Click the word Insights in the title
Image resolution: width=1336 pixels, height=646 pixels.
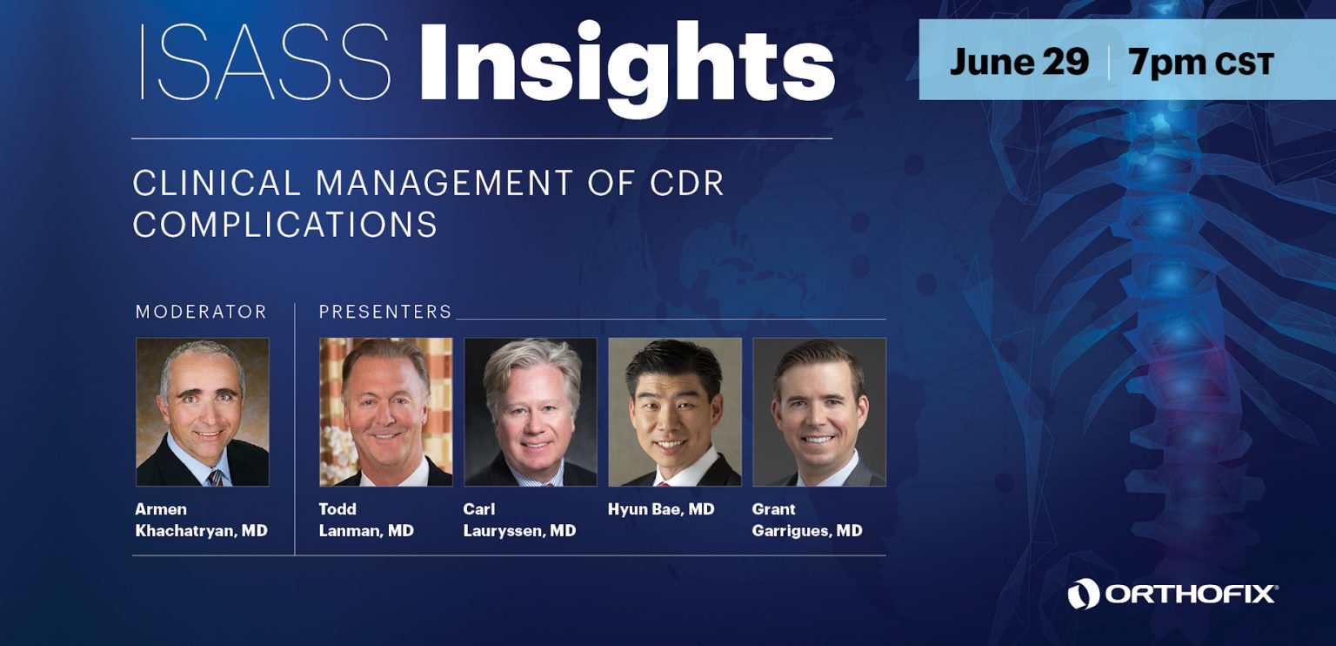pyautogui.click(x=626, y=69)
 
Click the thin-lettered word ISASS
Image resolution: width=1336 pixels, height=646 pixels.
pyautogui.click(x=265, y=62)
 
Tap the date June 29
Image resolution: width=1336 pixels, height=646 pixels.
pyautogui.click(x=1019, y=62)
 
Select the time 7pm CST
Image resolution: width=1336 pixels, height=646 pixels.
pyautogui.click(x=1201, y=63)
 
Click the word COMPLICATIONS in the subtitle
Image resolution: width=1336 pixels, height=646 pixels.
pyautogui.click(x=285, y=225)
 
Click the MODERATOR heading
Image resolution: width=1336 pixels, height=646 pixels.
pyautogui.click(x=201, y=312)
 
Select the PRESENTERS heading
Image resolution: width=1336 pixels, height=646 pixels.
pyautogui.click(x=385, y=312)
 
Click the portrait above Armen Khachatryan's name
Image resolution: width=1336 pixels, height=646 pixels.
pyautogui.click(x=203, y=412)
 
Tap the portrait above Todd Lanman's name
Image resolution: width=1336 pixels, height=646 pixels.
pyautogui.click(x=386, y=412)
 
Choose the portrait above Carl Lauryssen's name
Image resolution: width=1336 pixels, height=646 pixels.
pyautogui.click(x=531, y=412)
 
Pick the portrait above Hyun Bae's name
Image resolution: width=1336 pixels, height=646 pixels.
pyautogui.click(x=675, y=412)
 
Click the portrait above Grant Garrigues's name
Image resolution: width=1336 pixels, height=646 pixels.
pyautogui.click(x=819, y=412)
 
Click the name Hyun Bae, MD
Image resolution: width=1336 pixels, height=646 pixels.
pyautogui.click(x=661, y=509)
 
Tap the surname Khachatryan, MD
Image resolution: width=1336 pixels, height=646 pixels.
pyautogui.click(x=202, y=531)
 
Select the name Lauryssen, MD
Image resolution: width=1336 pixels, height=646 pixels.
pyautogui.click(x=519, y=531)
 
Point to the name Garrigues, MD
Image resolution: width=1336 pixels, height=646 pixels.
pyautogui.click(x=807, y=531)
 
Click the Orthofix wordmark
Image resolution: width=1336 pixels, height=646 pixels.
pyautogui.click(x=1192, y=595)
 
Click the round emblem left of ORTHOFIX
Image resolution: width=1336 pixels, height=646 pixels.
pyautogui.click(x=1083, y=594)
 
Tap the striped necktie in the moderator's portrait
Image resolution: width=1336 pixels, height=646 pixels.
pyautogui.click(x=215, y=478)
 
